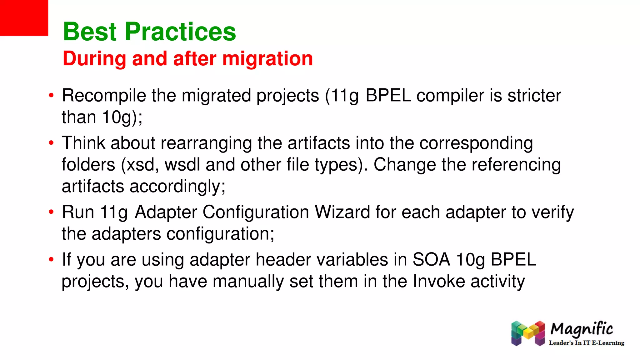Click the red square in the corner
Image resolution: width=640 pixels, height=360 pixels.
pyautogui.click(x=24, y=18)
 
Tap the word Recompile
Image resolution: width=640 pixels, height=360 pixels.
pyautogui.click(x=104, y=96)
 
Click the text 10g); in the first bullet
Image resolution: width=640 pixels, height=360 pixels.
pyautogui.click(x=122, y=117)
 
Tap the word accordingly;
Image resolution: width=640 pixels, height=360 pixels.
pyautogui.click(x=177, y=187)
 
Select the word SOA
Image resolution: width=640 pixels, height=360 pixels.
pyautogui.click(x=431, y=260)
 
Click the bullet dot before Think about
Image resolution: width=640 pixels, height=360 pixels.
pyautogui.click(x=51, y=143)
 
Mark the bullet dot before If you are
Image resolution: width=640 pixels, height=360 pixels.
pyautogui.click(x=51, y=260)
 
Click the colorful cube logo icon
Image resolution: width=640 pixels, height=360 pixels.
pyautogui.click(x=527, y=333)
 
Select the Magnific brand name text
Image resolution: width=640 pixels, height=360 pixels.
pyautogui.click(x=582, y=329)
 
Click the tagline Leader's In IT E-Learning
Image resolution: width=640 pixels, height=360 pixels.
pyautogui.click(x=586, y=343)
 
